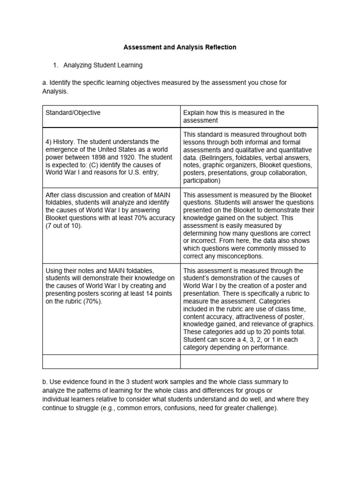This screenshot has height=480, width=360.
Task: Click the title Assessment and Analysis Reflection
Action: (180, 47)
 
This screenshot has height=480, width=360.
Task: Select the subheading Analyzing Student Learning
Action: (103, 65)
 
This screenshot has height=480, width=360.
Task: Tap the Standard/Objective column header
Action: (73, 112)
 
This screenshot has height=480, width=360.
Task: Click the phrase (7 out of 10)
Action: (64, 226)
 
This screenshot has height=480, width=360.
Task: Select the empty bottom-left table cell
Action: (112, 361)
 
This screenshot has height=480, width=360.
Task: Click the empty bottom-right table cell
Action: (249, 361)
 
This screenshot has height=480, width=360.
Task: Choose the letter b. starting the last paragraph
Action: (45, 382)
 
